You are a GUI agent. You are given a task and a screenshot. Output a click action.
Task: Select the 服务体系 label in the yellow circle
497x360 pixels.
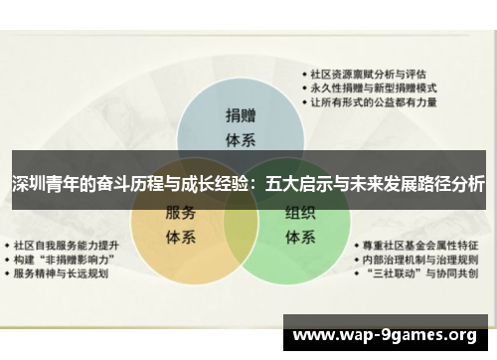[x=179, y=225]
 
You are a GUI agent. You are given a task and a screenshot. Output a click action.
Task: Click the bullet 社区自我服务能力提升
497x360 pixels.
[x=70, y=244]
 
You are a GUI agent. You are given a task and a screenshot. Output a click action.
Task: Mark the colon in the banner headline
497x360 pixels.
[x=256, y=184]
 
